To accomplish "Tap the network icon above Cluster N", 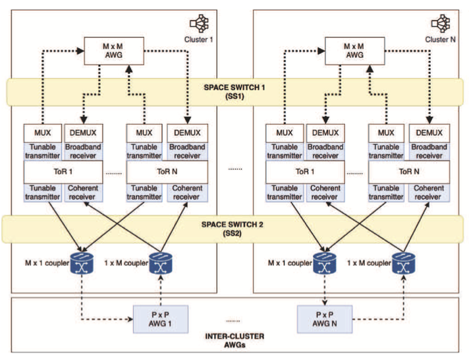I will coord(439,24).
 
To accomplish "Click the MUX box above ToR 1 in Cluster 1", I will coord(43,133).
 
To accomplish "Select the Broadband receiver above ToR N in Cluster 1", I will coord(186,151).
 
